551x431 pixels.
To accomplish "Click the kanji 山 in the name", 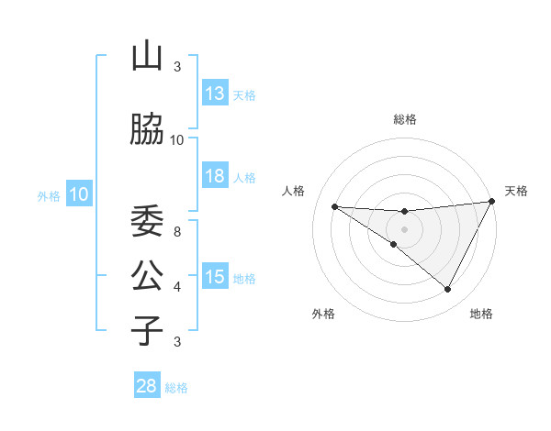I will click(x=147, y=57).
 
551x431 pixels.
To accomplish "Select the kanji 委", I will click(x=147, y=222).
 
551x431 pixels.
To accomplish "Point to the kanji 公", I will click(x=147, y=276).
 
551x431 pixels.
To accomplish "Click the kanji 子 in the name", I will click(x=147, y=331).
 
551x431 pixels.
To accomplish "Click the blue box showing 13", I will click(x=215, y=94).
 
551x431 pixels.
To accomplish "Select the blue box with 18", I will click(x=215, y=177).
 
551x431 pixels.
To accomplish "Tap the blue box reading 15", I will click(x=215, y=278).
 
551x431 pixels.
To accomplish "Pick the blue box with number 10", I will click(x=78, y=194).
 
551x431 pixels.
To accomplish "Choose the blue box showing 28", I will click(x=147, y=386).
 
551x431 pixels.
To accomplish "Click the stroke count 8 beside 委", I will click(x=177, y=231).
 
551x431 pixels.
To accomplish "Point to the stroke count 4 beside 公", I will click(x=177, y=286).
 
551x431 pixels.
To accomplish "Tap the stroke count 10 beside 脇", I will click(x=177, y=139).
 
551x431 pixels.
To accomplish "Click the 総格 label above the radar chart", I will click(x=404, y=119).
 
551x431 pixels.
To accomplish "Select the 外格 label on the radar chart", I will click(x=323, y=314).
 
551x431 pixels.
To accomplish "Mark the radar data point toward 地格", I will click(x=448, y=290).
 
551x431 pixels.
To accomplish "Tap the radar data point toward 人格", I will click(x=335, y=206).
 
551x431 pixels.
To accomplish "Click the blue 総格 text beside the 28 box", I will click(x=176, y=388).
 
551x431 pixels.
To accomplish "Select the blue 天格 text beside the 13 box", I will click(x=244, y=95).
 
